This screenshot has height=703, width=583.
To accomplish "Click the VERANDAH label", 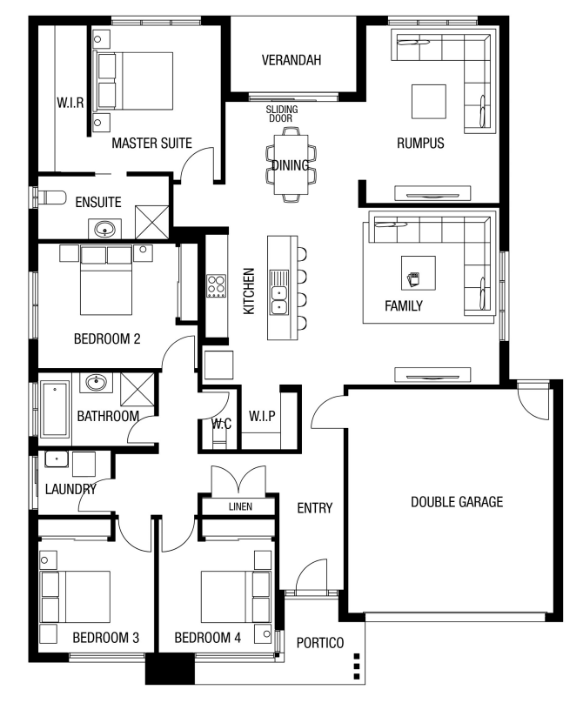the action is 291,60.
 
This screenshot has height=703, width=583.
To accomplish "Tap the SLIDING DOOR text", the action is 281,114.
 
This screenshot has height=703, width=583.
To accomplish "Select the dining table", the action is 291,164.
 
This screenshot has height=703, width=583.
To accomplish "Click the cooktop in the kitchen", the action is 216,286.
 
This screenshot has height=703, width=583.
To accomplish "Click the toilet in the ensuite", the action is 50,198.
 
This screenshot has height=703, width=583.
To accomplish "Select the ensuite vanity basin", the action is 104,230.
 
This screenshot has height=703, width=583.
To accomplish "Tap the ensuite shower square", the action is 152,223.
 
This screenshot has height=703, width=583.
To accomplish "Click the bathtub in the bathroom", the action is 55,409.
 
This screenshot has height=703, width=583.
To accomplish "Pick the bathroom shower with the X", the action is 137,389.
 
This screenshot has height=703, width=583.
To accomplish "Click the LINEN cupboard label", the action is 240,506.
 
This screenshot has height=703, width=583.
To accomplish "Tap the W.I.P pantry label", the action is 262,416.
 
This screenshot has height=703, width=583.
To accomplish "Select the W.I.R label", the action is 70,103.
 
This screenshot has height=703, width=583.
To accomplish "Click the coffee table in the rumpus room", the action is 429,102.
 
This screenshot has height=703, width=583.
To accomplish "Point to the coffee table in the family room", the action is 419,273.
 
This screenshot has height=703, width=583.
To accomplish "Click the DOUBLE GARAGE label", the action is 457,502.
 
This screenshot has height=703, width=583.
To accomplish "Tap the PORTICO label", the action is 320,643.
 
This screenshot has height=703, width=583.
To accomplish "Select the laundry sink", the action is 57,459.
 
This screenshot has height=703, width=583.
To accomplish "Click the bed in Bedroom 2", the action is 106,280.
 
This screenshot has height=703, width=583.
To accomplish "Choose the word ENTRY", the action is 315,508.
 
